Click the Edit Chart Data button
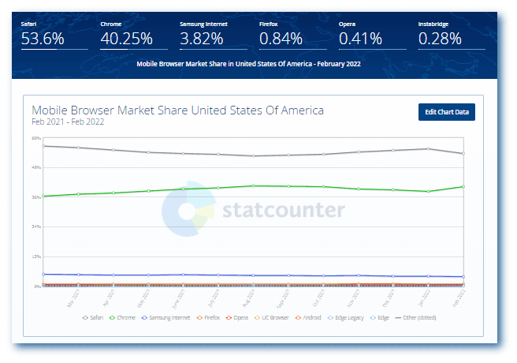(447, 112)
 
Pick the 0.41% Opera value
(360, 38)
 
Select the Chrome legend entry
(125, 317)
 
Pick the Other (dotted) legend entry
(417, 317)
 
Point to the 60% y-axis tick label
(36, 137)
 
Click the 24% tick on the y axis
(36, 226)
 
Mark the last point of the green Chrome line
(463, 187)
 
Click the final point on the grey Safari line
(463, 154)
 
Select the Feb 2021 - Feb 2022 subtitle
(68, 122)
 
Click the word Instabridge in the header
(434, 24)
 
